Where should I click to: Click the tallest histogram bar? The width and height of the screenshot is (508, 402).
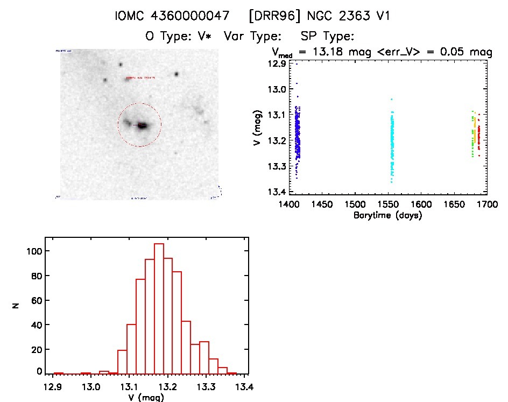coord(159,308)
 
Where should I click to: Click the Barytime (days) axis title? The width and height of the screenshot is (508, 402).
coord(388,215)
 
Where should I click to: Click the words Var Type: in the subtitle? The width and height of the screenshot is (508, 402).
coord(253,36)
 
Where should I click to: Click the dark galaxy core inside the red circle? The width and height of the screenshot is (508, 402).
coord(142,125)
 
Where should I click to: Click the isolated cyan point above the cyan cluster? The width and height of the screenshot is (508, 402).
coord(391,99)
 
